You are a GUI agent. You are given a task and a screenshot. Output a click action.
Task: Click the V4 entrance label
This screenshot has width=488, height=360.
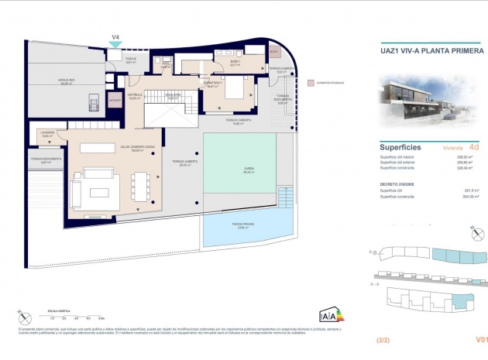click(x=115, y=36)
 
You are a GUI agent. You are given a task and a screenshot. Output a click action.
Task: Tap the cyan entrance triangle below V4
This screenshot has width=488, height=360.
click(x=115, y=45)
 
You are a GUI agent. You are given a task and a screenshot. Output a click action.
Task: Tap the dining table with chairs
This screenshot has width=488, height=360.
click(x=140, y=185)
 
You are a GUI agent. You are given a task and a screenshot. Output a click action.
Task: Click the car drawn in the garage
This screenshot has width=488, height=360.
click(x=94, y=102)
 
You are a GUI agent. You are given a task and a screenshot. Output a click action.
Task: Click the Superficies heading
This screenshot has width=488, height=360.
click(x=400, y=145)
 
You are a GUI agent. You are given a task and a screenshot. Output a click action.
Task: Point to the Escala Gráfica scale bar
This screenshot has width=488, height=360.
click(x=77, y=315)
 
